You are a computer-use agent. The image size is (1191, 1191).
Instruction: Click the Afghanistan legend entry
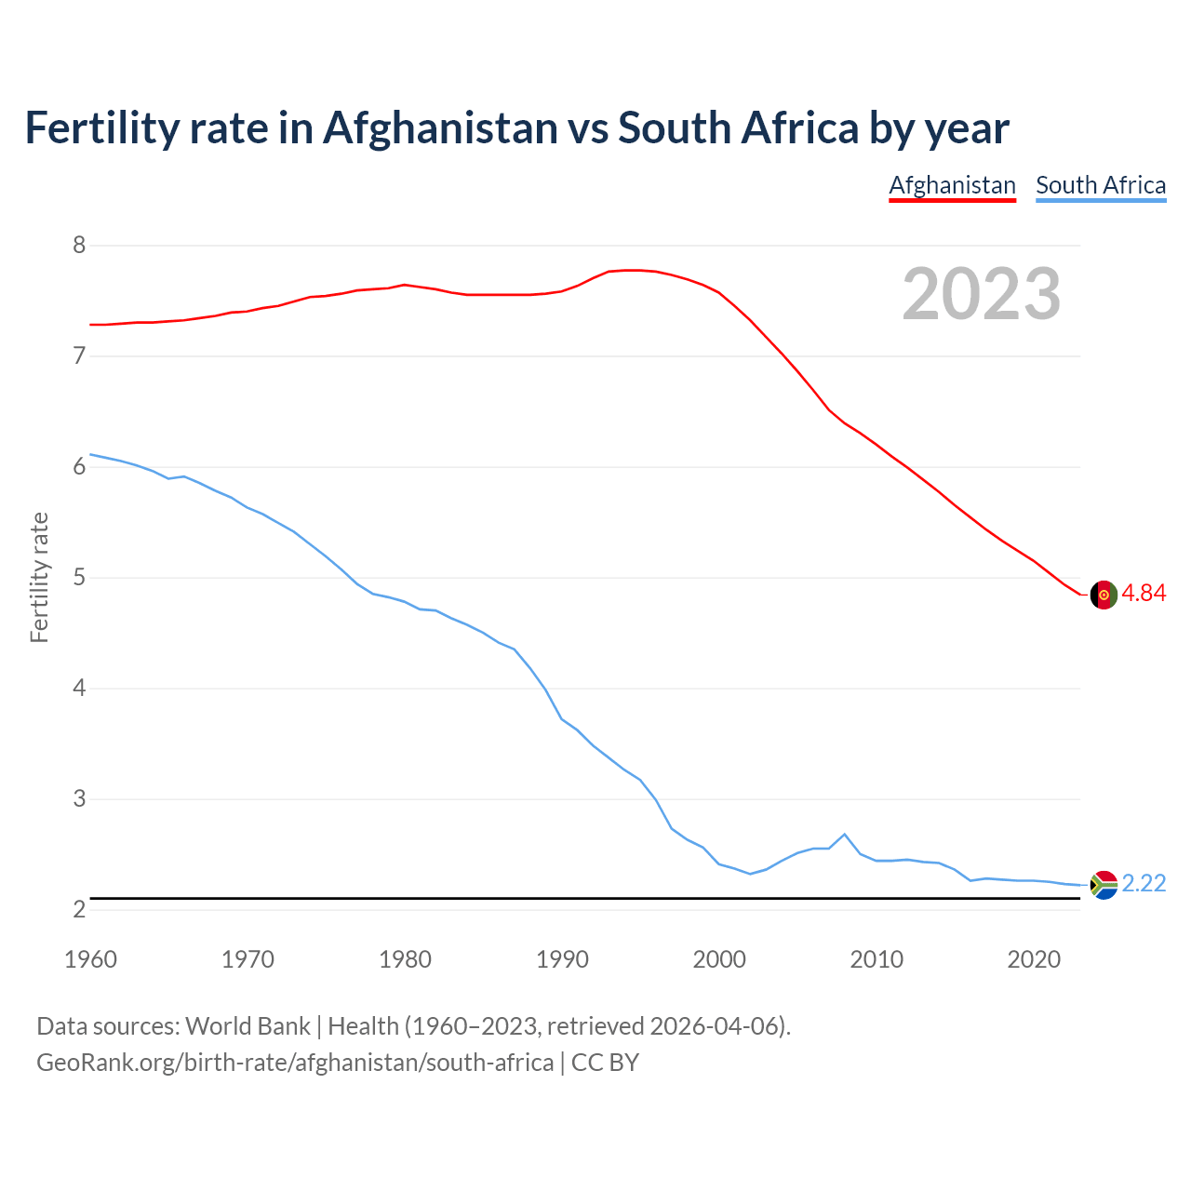click(952, 185)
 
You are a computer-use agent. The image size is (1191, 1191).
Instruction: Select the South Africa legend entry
click(1101, 185)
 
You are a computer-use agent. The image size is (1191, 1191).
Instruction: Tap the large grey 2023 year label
click(982, 294)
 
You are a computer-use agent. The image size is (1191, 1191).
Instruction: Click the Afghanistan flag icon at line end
click(1104, 595)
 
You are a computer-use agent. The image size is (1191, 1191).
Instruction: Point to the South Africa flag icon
click(1104, 885)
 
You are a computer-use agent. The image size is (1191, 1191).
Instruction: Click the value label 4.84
click(1144, 594)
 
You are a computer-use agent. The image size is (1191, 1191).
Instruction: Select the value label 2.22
click(1144, 884)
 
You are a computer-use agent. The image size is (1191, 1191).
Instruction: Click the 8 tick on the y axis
click(79, 246)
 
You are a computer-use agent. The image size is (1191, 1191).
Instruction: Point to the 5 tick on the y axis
click(79, 578)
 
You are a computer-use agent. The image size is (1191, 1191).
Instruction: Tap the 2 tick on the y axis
click(79, 909)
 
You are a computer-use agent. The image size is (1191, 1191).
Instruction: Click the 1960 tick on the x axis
click(90, 959)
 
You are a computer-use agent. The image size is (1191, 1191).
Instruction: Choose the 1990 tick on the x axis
click(562, 959)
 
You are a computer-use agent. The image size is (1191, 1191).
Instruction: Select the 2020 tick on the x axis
click(1034, 959)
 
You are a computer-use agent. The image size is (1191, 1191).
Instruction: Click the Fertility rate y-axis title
click(39, 577)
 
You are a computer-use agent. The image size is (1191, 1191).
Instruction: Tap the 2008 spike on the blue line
click(844, 835)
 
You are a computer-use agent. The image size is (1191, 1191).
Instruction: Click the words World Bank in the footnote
click(248, 1026)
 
